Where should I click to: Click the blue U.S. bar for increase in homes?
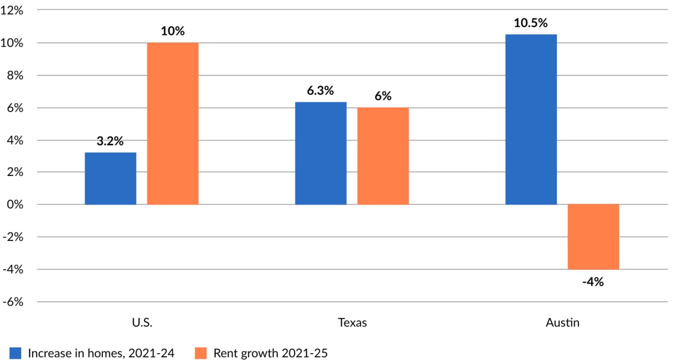coord(110,178)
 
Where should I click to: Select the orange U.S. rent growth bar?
coord(173,123)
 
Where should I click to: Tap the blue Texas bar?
coord(321,153)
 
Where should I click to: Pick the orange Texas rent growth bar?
coord(383,155)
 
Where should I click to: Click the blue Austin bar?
coord(531,119)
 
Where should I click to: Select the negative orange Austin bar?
coord(593,237)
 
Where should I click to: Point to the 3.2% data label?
coord(110,141)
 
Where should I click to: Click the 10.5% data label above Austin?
coord(531,23)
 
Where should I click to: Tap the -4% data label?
coord(593,282)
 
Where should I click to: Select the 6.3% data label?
coord(321,91)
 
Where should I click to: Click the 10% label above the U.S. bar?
coord(173,31)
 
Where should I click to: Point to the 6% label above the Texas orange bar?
coord(383,96)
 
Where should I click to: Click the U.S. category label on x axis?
coord(142,323)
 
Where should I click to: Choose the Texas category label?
coord(352,323)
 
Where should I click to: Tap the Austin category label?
coord(563,323)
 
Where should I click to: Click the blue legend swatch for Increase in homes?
coord(15,353)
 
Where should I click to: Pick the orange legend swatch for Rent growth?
coord(201,353)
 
